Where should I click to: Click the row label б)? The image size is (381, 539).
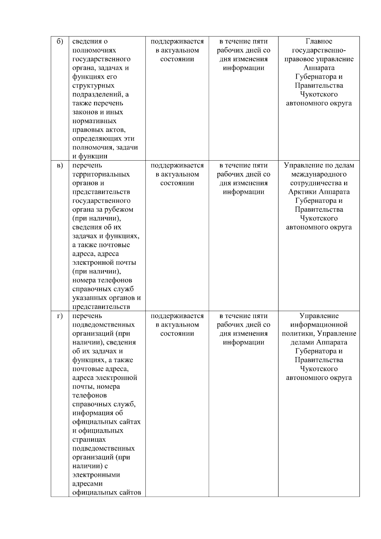pyautogui.click(x=60, y=42)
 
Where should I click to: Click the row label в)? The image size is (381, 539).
pyautogui.click(x=60, y=165)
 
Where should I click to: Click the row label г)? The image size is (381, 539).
pyautogui.click(x=60, y=316)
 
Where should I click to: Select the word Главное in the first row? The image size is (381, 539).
pyautogui.click(x=319, y=41)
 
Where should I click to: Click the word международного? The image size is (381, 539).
pyautogui.click(x=319, y=174)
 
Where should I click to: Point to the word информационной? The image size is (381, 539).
pyautogui.click(x=319, y=325)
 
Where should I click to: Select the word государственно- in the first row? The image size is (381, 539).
pyautogui.click(x=319, y=50)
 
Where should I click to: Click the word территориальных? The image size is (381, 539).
pyautogui.click(x=101, y=174)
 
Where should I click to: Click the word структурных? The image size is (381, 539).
pyautogui.click(x=93, y=86)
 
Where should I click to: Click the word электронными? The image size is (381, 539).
pyautogui.click(x=96, y=475)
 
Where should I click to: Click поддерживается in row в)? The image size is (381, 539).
pyautogui.click(x=177, y=165)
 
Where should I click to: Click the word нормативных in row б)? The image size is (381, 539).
pyautogui.click(x=94, y=121)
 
